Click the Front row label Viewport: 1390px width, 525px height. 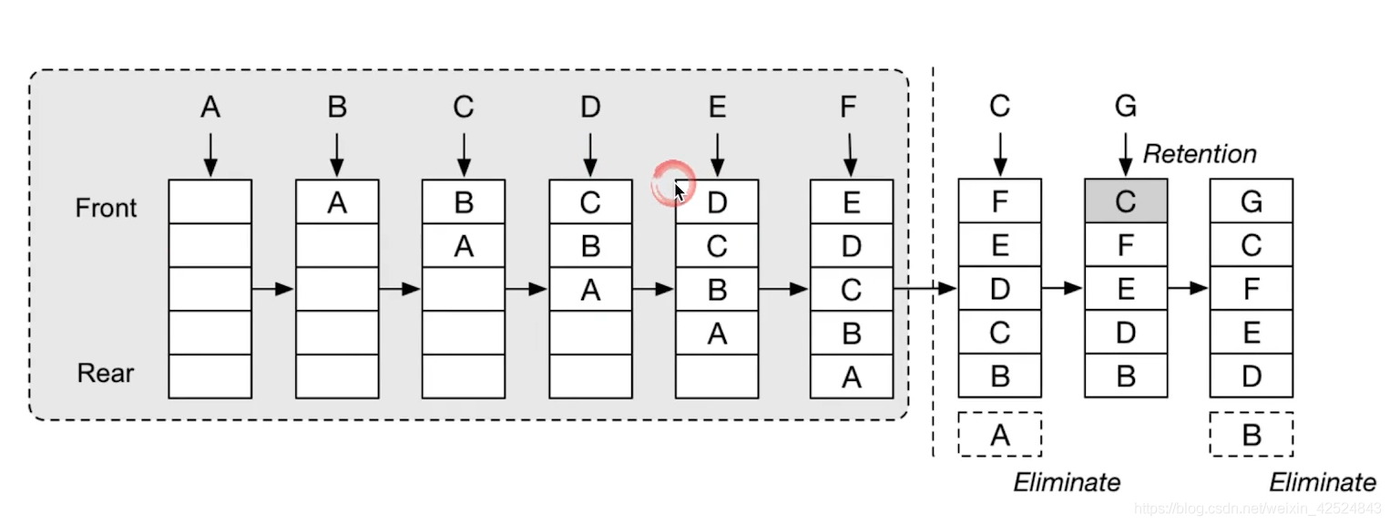[x=106, y=208]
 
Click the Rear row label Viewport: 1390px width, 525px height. [x=106, y=374]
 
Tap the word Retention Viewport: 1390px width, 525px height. [x=1200, y=154]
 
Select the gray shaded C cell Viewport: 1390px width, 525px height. [x=1126, y=201]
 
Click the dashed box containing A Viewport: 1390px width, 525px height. [x=1000, y=435]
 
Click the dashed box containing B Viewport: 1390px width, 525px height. [x=1252, y=435]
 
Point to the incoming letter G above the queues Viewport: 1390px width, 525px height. [x=1126, y=108]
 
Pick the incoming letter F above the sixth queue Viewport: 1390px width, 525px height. [x=849, y=108]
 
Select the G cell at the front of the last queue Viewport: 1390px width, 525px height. [x=1252, y=201]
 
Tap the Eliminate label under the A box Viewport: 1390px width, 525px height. [x=1067, y=482]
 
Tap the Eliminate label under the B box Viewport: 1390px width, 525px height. [x=1323, y=482]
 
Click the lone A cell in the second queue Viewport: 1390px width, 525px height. [x=337, y=201]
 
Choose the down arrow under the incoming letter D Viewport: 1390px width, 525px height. [x=590, y=154]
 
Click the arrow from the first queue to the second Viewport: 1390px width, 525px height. [x=272, y=289]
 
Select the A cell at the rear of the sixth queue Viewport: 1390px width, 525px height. [x=852, y=376]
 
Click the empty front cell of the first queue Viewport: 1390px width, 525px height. [x=210, y=201]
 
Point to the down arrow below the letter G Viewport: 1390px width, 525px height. [x=1126, y=154]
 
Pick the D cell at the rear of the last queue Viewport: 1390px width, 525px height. [x=1252, y=376]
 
